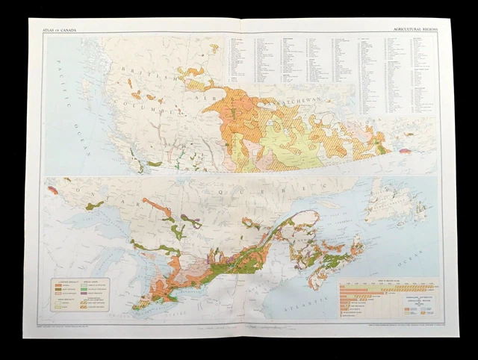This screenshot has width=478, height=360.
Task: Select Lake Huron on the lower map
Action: coord(127,258)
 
